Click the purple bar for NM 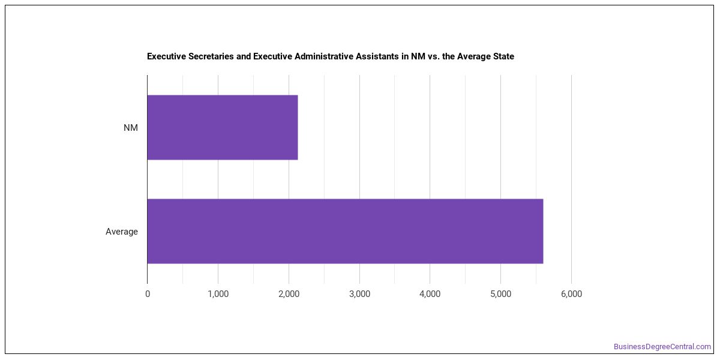pyautogui.click(x=223, y=127)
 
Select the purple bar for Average pyautogui.click(x=345, y=231)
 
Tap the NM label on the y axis pyautogui.click(x=131, y=128)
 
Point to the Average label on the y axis pyautogui.click(x=121, y=232)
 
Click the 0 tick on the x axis pyautogui.click(x=148, y=294)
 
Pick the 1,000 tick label pyautogui.click(x=218, y=294)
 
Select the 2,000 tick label pyautogui.click(x=289, y=294)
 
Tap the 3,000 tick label pyautogui.click(x=359, y=294)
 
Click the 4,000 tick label pyautogui.click(x=430, y=294)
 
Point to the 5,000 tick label pyautogui.click(x=501, y=294)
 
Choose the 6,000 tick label pyautogui.click(x=571, y=294)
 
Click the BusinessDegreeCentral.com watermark pyautogui.click(x=662, y=347)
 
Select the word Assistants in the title pyautogui.click(x=377, y=56)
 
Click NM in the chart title pyautogui.click(x=418, y=56)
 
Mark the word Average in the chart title pyautogui.click(x=474, y=56)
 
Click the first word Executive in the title pyautogui.click(x=167, y=56)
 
